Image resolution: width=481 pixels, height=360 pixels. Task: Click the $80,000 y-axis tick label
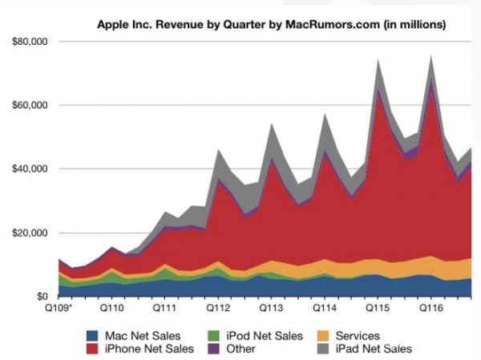pos(29,41)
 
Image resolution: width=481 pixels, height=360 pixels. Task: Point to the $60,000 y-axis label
pos(29,105)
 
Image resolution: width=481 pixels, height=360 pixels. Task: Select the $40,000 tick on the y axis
pos(29,169)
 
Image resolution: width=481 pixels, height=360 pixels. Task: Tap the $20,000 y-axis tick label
pos(29,233)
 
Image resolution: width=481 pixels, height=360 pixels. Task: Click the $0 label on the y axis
pos(42,297)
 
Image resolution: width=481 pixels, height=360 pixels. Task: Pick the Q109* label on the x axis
pos(57,307)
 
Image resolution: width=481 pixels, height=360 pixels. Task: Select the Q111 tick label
pos(164,307)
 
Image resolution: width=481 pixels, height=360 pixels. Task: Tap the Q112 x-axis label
pos(218,307)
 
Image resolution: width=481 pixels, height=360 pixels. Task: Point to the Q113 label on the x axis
pos(271,307)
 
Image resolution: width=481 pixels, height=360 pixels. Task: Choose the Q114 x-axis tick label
pos(324,307)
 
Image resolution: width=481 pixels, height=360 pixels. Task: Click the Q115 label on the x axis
pos(378,307)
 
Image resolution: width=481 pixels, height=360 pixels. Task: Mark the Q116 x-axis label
pos(430,307)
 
